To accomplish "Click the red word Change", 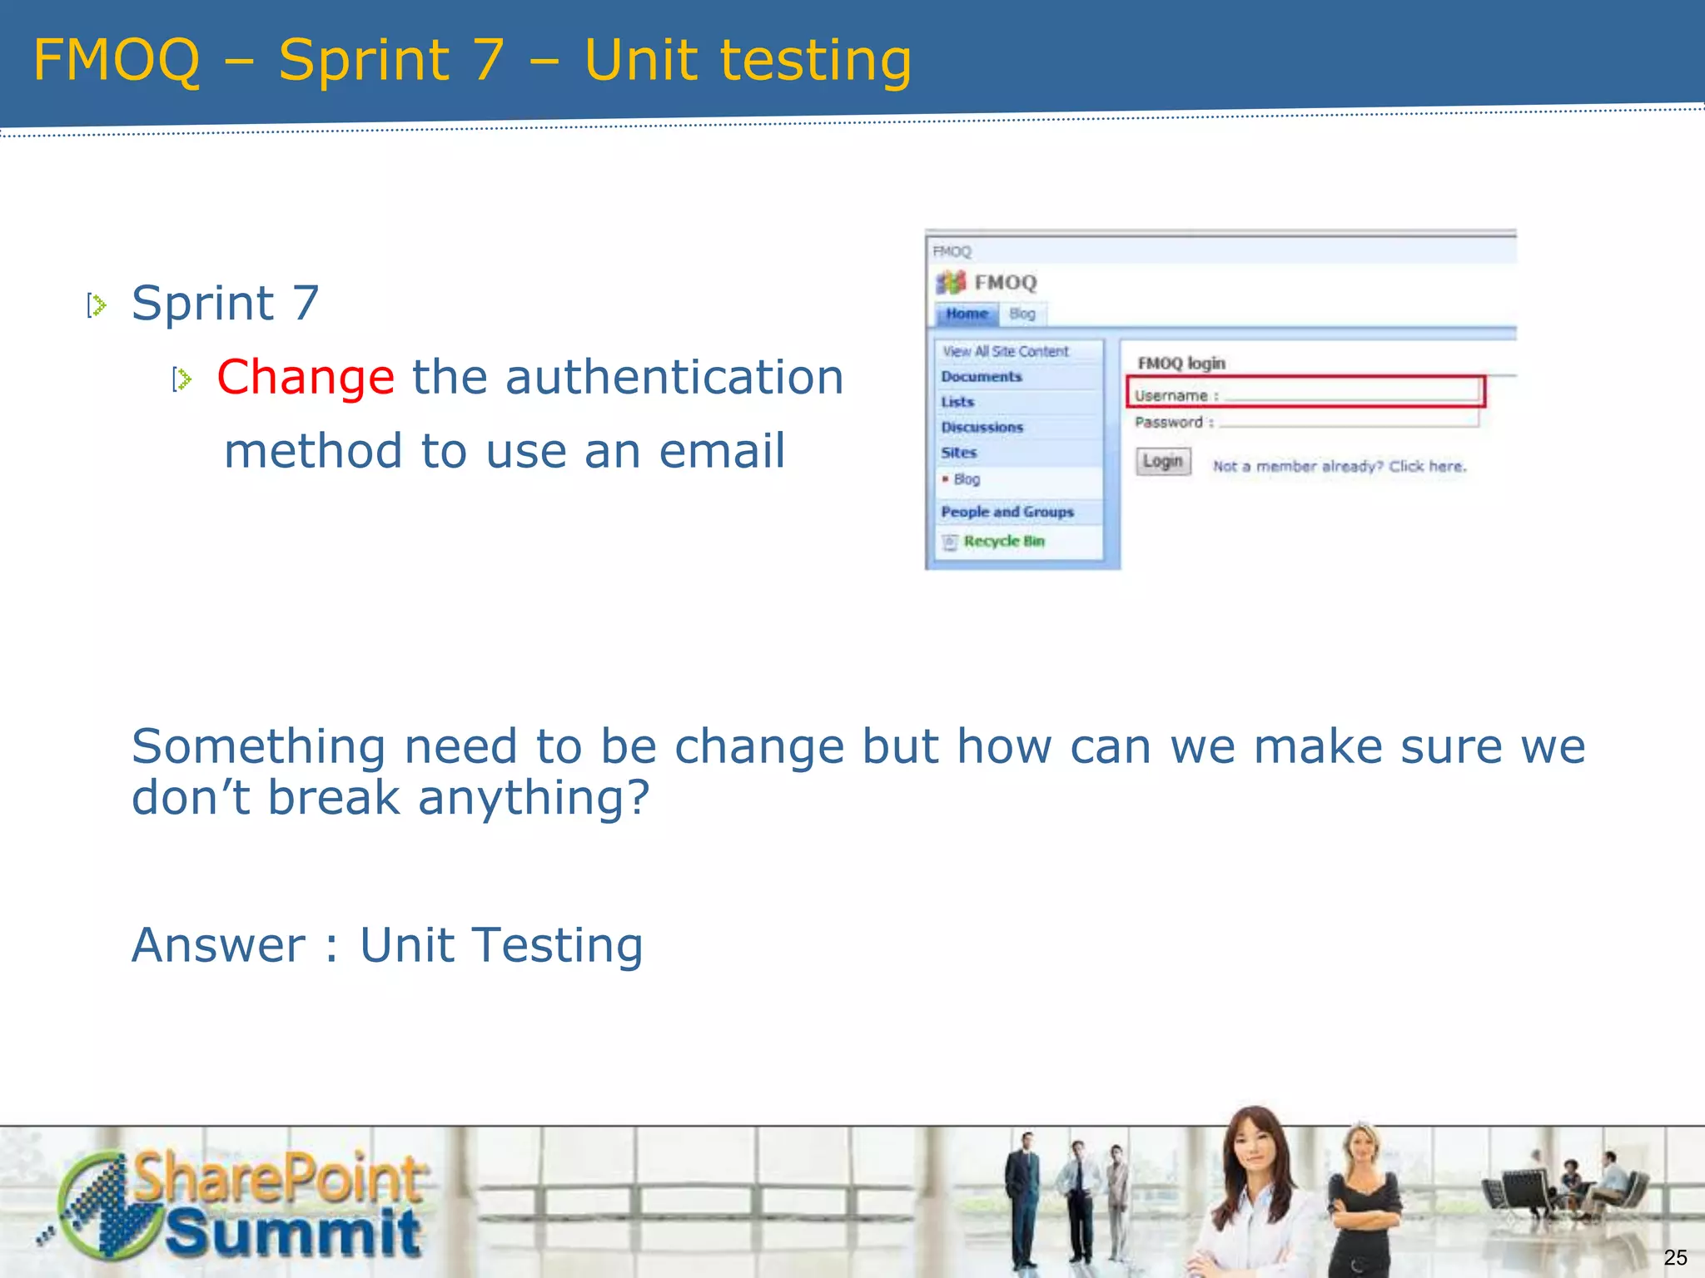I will pos(306,378).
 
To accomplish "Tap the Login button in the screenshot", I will pos(1163,461).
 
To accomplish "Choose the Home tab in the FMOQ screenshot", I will pos(967,314).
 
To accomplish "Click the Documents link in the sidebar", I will pos(981,377).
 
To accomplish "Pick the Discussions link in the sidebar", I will pos(982,428).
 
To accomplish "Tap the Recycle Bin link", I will pos(1003,542).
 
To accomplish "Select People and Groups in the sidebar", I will pos(1007,513).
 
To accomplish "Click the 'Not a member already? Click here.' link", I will pos(1339,467).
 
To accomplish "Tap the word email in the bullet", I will pos(722,452).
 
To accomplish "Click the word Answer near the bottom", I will pos(219,946).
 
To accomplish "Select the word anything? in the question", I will pos(533,798).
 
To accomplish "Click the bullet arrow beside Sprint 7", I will pos(97,305).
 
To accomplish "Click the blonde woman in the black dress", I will pos(1363,1198).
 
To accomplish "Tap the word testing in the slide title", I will pos(816,62).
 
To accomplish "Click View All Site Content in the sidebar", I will pos(1005,352).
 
